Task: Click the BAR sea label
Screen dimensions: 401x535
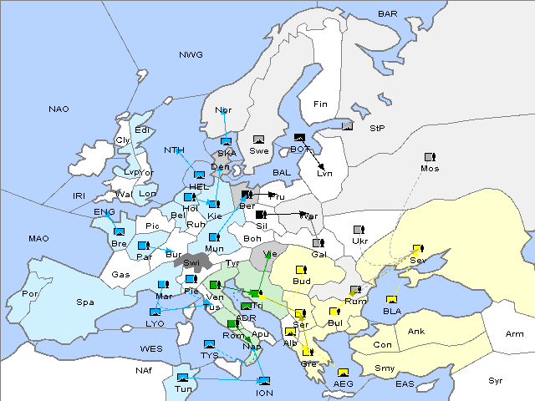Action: click(387, 14)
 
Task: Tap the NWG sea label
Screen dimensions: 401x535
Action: click(191, 55)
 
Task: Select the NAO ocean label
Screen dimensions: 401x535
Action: click(59, 109)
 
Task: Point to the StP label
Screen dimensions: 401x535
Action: click(377, 129)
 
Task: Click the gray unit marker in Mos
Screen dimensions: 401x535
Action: click(430, 156)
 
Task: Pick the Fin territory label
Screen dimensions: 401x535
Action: click(320, 104)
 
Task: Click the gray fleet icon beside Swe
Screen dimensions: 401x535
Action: click(259, 139)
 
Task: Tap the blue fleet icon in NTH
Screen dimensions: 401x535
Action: click(200, 175)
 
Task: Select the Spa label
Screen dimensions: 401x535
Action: click(84, 302)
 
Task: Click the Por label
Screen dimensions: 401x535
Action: click(30, 294)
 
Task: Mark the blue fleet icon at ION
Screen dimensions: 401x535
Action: click(263, 381)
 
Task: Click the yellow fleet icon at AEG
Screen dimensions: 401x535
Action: click(343, 372)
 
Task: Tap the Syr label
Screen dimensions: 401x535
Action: click(496, 381)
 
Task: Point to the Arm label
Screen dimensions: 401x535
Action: click(515, 334)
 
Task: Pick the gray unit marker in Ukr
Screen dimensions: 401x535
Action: click(358, 229)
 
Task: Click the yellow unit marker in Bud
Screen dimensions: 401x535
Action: click(300, 269)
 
